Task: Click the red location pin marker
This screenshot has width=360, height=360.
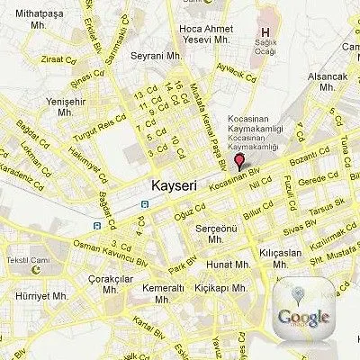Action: coord(238,162)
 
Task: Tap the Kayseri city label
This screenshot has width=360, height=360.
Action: coord(168,187)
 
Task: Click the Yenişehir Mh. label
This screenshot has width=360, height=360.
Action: coord(63,107)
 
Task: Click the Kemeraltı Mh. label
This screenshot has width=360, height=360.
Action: coord(163,293)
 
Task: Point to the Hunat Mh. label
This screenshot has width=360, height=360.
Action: coord(227,265)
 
